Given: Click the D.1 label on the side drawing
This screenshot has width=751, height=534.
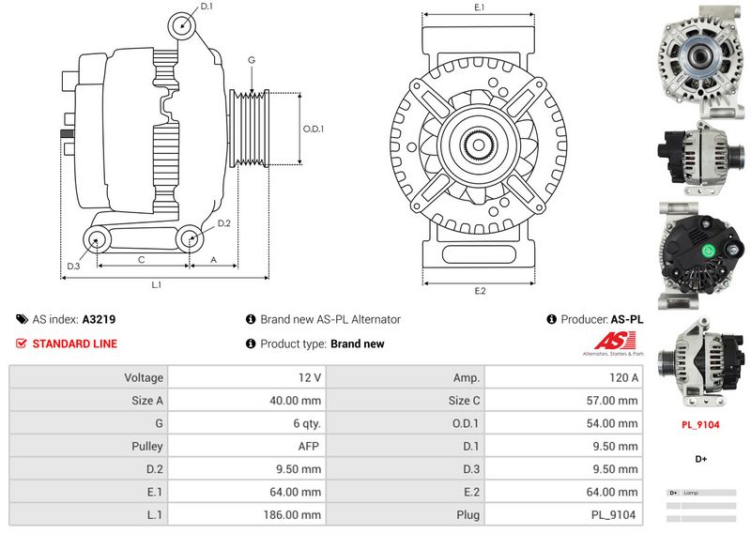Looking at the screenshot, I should (207, 7).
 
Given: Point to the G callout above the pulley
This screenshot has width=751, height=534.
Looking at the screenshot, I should (252, 61).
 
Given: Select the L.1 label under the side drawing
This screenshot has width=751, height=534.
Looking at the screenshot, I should (157, 284).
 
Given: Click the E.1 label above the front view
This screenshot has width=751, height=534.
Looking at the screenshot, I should (480, 8).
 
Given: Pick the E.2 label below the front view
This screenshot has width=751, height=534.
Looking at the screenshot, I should (480, 290).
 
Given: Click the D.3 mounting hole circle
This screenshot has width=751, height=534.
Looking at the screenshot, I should (97, 240).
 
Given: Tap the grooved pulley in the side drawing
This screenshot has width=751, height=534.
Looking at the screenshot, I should (250, 129).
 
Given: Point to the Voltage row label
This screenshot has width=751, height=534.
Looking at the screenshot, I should (145, 377).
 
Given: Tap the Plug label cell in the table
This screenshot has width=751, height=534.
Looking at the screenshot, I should (467, 515).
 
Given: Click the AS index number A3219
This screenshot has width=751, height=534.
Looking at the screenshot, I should (99, 319).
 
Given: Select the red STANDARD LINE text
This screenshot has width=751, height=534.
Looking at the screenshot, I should (74, 343).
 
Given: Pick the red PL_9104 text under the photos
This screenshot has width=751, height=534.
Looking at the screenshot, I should (700, 424).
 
